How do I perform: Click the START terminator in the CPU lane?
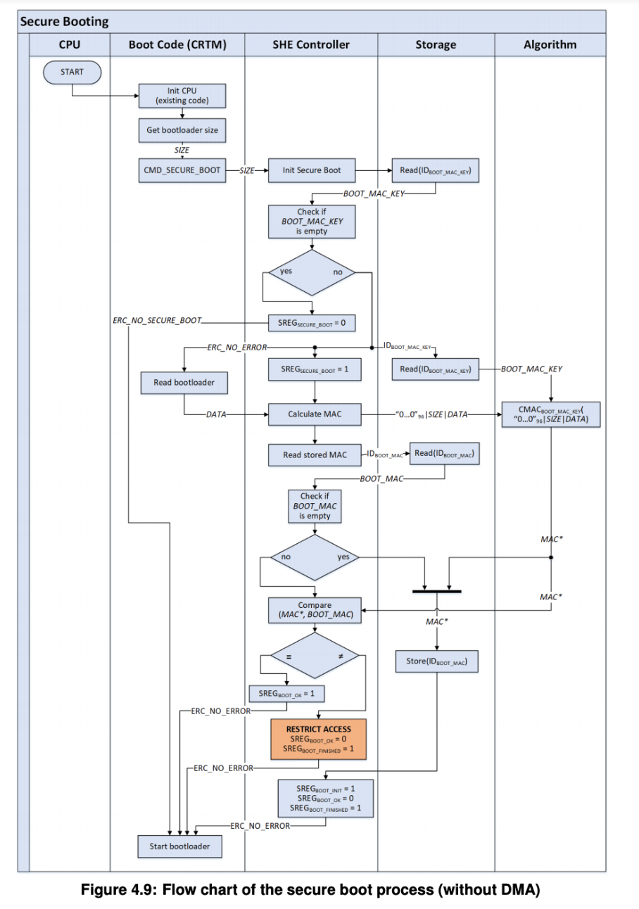point(72,72)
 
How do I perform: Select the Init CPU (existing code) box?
point(182,96)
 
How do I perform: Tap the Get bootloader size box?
point(182,129)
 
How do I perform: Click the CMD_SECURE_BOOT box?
point(182,170)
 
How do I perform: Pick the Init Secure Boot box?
point(312,170)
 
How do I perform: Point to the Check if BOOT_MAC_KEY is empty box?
point(311,221)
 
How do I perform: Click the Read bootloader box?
point(184,382)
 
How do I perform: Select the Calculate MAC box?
point(315,414)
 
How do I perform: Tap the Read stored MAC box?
point(315,455)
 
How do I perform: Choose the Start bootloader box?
point(179,846)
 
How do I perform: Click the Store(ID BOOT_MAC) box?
point(437,661)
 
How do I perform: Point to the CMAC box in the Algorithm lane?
point(550,414)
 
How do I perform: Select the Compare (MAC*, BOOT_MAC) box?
point(315,610)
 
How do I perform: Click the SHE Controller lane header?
point(311,44)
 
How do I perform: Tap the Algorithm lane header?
point(550,44)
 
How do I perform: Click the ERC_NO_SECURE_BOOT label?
point(156,321)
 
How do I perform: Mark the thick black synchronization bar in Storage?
point(436,591)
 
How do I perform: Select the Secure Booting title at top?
point(65,21)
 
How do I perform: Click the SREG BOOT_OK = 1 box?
point(286,694)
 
